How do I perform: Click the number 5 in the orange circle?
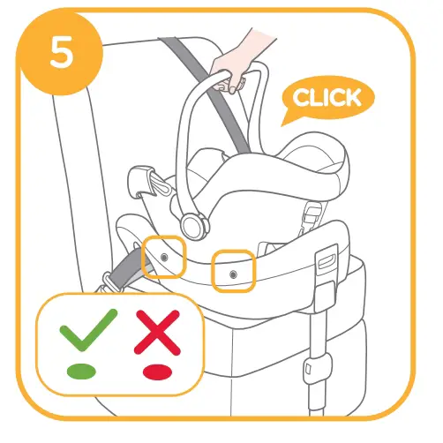point(60,54)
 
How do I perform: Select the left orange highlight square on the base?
point(164,254)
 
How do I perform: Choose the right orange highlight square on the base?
point(234,272)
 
